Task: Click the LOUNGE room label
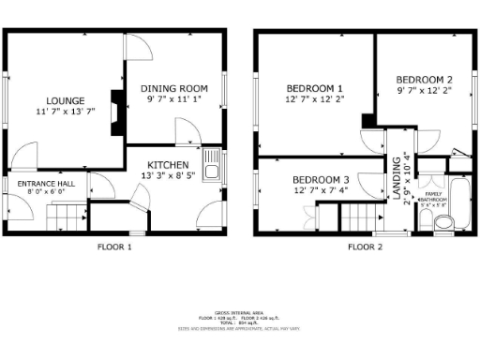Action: tap(68, 101)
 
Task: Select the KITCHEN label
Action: tap(163, 164)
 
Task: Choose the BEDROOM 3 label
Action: tap(320, 180)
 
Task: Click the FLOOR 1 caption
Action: tap(115, 248)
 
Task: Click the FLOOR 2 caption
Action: tap(366, 248)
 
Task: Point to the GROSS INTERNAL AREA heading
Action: tap(240, 312)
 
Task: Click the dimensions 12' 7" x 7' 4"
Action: tap(320, 191)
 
